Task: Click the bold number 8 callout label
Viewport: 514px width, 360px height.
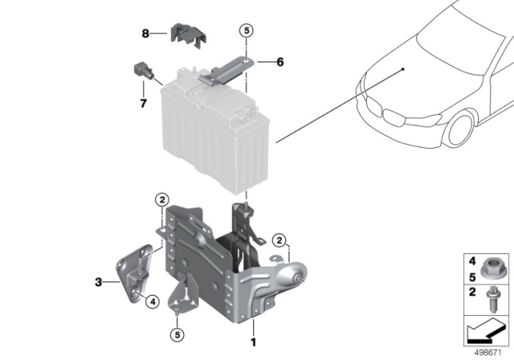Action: (145, 34)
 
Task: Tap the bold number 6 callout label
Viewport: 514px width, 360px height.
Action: (280, 62)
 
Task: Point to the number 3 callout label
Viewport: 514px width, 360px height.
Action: (98, 282)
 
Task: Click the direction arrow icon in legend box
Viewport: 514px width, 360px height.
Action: (479, 329)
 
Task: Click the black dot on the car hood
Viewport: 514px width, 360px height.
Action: (404, 70)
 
